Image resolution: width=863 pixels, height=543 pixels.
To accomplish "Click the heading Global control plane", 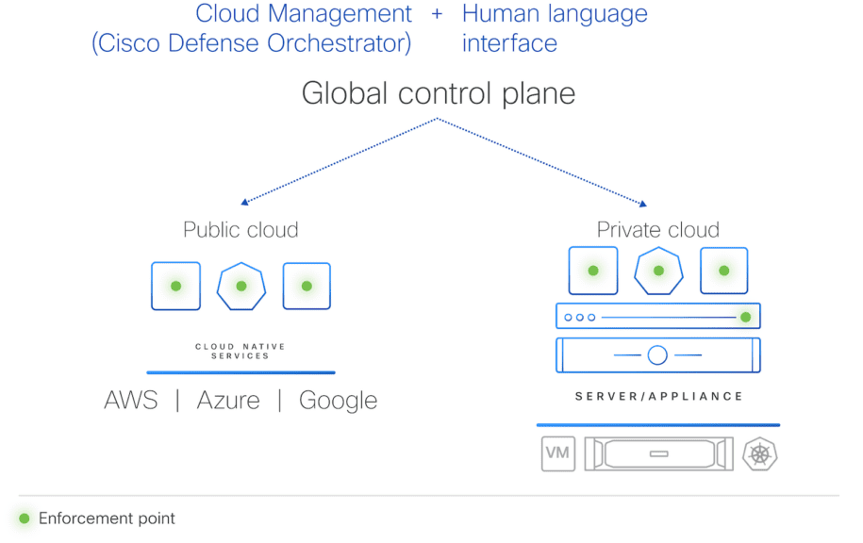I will pyautogui.click(x=438, y=93).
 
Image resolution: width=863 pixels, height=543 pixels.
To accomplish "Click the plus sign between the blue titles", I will pyautogui.click(x=437, y=15).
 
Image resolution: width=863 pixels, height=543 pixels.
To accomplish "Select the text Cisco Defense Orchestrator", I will pyautogui.click(x=251, y=43).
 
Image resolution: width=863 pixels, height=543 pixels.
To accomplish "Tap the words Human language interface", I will pyautogui.click(x=555, y=28).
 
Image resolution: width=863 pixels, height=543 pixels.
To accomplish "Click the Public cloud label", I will pyautogui.click(x=241, y=229).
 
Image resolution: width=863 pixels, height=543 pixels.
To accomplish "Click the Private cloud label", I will pyautogui.click(x=657, y=229).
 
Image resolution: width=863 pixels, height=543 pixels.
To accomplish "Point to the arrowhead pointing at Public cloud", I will pyautogui.click(x=244, y=201).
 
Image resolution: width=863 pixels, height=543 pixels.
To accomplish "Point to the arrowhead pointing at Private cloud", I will pyautogui.click(x=643, y=203).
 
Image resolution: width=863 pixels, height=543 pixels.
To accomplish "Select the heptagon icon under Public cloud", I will pyautogui.click(x=241, y=286).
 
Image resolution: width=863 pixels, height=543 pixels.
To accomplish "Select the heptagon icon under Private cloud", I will pyautogui.click(x=658, y=271).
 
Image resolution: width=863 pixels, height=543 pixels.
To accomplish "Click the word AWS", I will pyautogui.click(x=131, y=400).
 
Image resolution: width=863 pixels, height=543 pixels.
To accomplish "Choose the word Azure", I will pyautogui.click(x=228, y=400).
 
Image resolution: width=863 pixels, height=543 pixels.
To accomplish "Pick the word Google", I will pyautogui.click(x=338, y=401).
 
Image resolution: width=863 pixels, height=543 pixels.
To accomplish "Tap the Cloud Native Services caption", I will pyautogui.click(x=241, y=351).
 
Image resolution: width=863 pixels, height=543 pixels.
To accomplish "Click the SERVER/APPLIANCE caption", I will pyautogui.click(x=658, y=396).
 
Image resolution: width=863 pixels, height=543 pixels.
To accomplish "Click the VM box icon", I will pyautogui.click(x=557, y=453).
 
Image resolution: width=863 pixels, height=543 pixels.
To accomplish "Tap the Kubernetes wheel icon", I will pyautogui.click(x=760, y=453).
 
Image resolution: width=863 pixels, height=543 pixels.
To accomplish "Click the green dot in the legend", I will pyautogui.click(x=25, y=518).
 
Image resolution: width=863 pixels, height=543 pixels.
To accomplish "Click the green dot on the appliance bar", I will pyautogui.click(x=745, y=317).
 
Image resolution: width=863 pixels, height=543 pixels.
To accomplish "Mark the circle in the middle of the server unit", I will pyautogui.click(x=657, y=355).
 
